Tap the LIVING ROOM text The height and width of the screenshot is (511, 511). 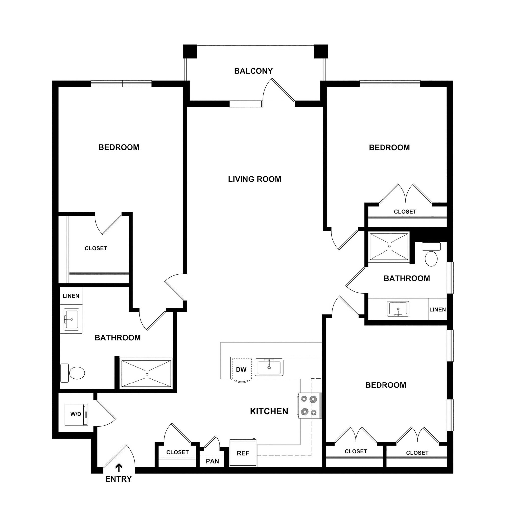point(255,179)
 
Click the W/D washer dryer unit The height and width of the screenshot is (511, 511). point(76,414)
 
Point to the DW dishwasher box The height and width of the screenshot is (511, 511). point(241,369)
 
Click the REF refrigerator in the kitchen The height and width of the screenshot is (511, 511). point(243,453)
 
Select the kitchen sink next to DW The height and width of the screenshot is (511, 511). point(269,367)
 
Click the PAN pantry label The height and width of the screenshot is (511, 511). point(212,461)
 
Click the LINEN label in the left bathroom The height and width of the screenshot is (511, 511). point(71,296)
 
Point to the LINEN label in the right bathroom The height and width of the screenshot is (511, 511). point(437,309)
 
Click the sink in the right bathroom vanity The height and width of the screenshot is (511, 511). point(398,309)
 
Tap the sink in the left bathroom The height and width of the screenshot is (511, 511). point(71,320)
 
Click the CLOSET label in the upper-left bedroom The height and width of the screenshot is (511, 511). point(96,248)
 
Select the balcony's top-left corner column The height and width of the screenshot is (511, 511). point(190,51)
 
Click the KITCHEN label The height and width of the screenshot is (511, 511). point(269,411)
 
